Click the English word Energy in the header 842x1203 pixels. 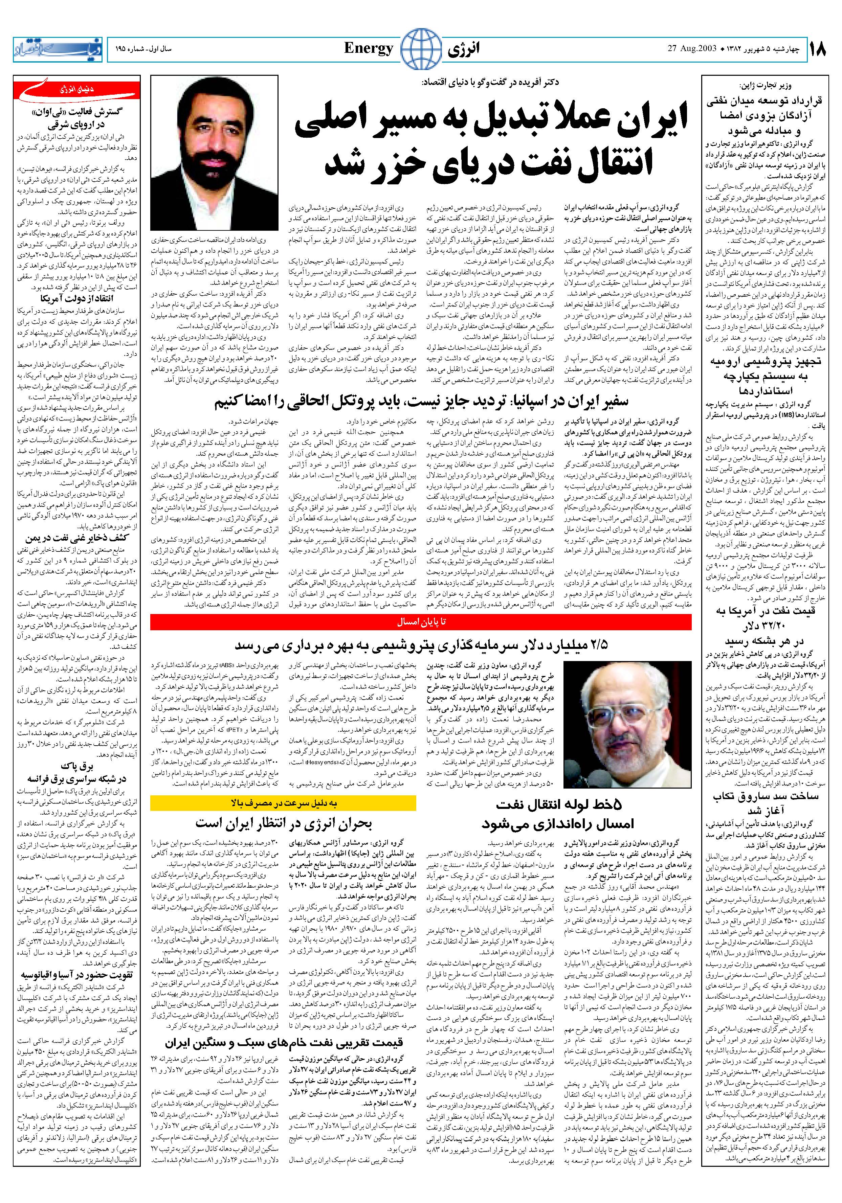coord(369,49)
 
